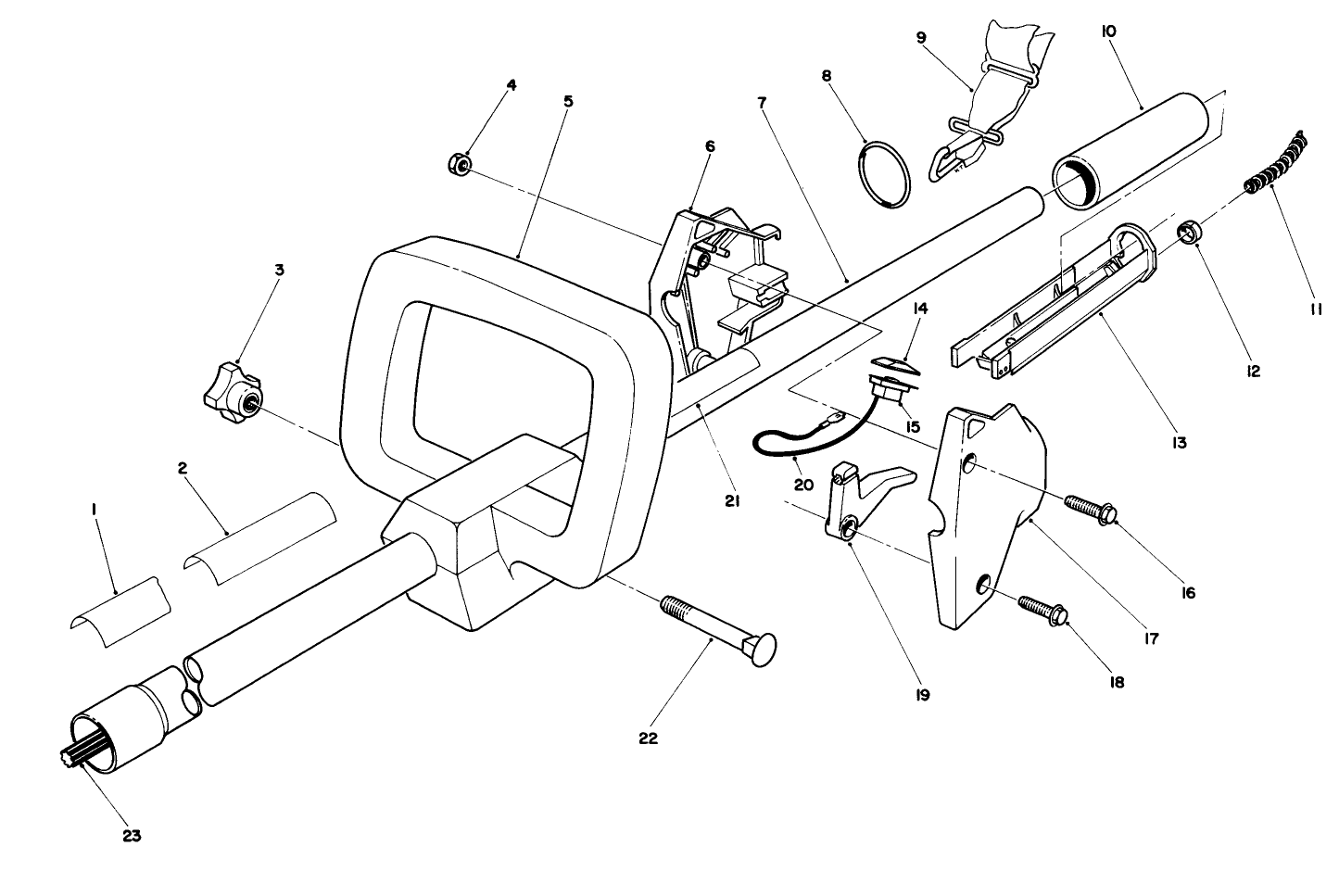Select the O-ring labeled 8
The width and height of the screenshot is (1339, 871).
pyautogui.click(x=883, y=173)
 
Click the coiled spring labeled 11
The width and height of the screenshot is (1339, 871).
pyautogui.click(x=1279, y=163)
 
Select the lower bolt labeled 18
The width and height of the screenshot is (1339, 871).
pyautogui.click(x=1044, y=609)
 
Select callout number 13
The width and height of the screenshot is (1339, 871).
pyautogui.click(x=1180, y=443)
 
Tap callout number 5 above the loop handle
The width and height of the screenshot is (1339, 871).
pyautogui.click(x=568, y=100)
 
